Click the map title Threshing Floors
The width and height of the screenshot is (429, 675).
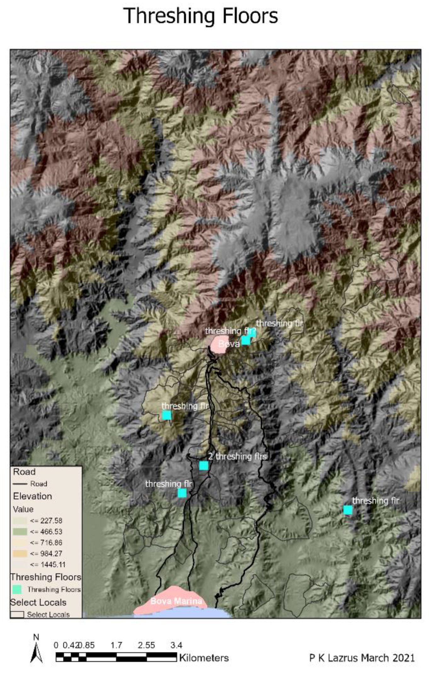tap(201, 16)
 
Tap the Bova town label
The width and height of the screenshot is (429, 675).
tap(229, 344)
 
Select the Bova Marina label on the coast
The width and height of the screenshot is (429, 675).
tap(176, 601)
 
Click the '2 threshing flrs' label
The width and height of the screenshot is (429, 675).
tap(237, 456)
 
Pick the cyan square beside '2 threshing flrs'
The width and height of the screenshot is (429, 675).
tap(203, 465)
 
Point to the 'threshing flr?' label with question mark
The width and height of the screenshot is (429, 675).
tap(230, 331)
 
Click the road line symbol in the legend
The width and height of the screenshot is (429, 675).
tap(20, 484)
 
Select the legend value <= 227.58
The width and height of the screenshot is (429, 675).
tap(46, 521)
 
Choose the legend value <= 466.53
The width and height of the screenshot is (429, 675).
tap(46, 532)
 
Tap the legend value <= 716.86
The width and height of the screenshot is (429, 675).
tap(46, 543)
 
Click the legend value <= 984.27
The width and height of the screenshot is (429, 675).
tap(46, 553)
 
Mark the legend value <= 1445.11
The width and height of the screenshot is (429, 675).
tap(47, 564)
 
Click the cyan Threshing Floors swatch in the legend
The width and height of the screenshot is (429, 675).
tap(17, 589)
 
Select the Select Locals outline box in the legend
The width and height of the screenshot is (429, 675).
tap(17, 615)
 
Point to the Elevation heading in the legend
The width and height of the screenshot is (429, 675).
tap(32, 496)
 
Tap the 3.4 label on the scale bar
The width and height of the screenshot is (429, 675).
tap(176, 645)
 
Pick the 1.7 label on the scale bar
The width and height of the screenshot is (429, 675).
tap(116, 645)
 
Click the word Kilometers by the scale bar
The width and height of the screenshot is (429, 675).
tap(204, 658)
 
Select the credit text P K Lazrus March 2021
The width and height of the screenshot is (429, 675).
tap(362, 658)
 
